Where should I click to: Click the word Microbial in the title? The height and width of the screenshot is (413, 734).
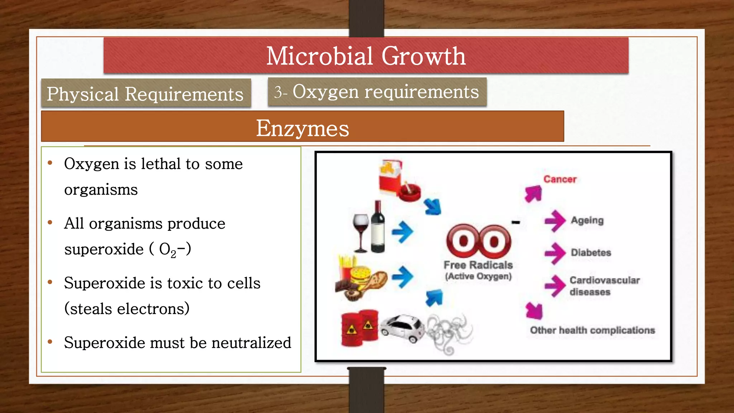[x=320, y=56]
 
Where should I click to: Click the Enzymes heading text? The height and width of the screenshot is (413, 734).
[x=302, y=128]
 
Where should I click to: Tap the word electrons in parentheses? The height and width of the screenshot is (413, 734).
[x=151, y=309]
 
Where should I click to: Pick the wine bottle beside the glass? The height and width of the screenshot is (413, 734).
[x=377, y=228]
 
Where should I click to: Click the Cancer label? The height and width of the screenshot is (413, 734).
[x=560, y=179]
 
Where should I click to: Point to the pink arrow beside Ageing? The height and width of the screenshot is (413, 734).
[x=555, y=221]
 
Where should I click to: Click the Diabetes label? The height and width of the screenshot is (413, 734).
[x=591, y=252]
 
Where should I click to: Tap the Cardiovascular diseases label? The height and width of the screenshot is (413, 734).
[x=604, y=286]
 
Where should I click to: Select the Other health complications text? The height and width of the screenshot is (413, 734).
[x=592, y=330]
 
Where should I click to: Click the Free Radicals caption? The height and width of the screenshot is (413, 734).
[x=478, y=265]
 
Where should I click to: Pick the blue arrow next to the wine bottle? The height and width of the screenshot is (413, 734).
[x=402, y=232]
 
